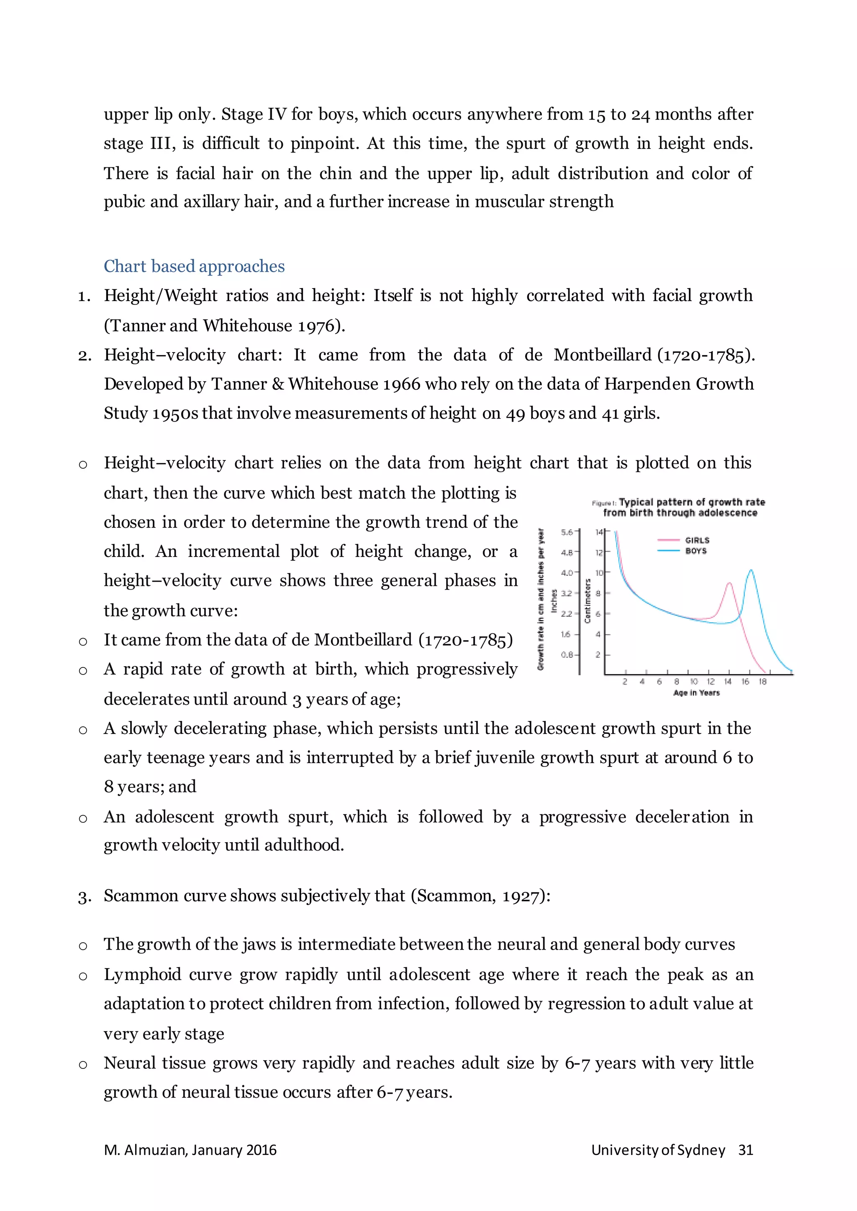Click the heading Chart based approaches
(x=194, y=266)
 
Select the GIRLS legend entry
(x=697, y=540)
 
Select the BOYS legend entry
(x=695, y=551)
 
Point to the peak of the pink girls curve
(x=729, y=583)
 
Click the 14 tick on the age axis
(x=728, y=682)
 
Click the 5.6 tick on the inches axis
(x=567, y=532)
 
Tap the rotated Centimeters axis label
(x=588, y=601)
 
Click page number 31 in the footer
(x=745, y=1150)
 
